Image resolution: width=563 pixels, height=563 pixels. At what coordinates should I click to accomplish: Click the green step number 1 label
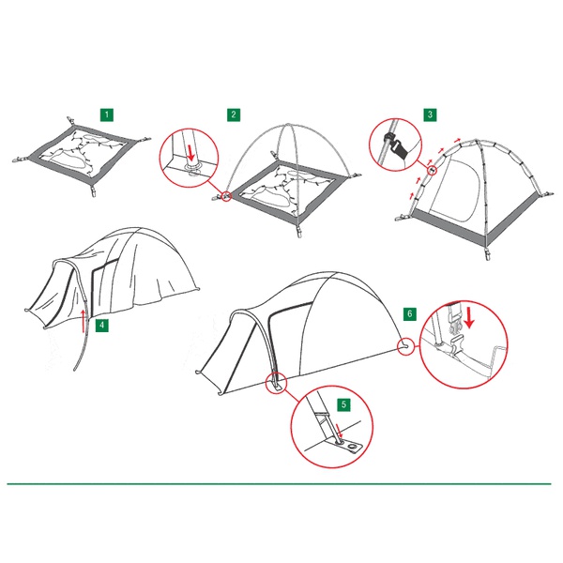pyautogui.click(x=107, y=114)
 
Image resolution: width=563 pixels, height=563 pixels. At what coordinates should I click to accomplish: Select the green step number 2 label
pyautogui.click(x=234, y=114)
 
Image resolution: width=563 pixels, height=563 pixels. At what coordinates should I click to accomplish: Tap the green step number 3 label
pyautogui.click(x=430, y=114)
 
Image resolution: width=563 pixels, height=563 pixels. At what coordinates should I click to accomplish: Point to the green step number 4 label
pyautogui.click(x=102, y=326)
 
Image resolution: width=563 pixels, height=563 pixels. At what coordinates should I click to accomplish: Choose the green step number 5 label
pyautogui.click(x=344, y=404)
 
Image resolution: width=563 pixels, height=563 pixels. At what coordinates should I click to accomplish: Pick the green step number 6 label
pyautogui.click(x=410, y=314)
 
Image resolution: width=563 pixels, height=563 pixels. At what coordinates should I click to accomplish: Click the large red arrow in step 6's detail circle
pyautogui.click(x=469, y=319)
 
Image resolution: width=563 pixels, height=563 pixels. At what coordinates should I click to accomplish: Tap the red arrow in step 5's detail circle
pyautogui.click(x=339, y=432)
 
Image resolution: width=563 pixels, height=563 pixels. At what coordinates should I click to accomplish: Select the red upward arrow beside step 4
pyautogui.click(x=83, y=320)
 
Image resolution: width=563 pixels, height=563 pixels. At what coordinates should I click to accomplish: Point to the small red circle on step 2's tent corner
pyautogui.click(x=226, y=196)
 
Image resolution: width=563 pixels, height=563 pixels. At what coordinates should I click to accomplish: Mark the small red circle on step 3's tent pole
pyautogui.click(x=433, y=170)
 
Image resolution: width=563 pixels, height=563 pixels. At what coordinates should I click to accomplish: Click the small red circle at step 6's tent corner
pyautogui.click(x=405, y=347)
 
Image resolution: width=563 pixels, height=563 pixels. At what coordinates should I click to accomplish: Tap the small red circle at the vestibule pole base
pyautogui.click(x=276, y=383)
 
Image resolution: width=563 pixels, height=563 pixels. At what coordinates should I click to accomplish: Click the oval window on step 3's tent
pyautogui.click(x=456, y=190)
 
